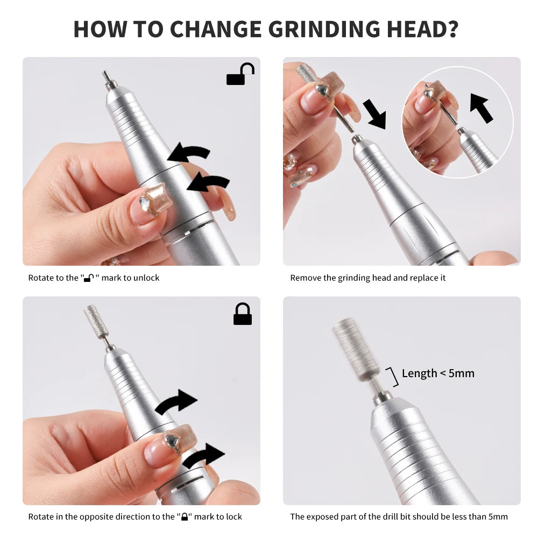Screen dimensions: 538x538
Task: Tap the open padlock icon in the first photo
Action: coord(240,74)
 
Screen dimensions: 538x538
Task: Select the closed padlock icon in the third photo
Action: coord(243,314)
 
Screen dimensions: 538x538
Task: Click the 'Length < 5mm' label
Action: coord(438,373)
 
